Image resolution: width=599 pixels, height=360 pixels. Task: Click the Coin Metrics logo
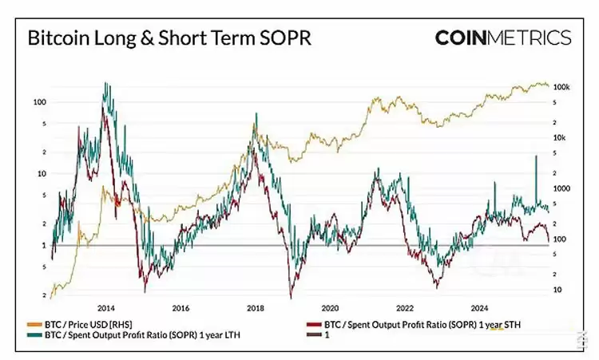click(503, 38)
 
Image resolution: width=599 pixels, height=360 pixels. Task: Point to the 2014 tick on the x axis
click(106, 307)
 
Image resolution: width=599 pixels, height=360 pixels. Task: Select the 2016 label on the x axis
click(180, 307)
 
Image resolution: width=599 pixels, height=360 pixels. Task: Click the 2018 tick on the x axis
click(256, 307)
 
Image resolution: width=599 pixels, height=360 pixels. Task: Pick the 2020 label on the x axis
click(330, 307)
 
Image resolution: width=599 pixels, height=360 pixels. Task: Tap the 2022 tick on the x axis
click(405, 307)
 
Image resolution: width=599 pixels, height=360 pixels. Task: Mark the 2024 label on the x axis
click(479, 307)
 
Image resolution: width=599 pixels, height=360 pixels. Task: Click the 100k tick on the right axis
click(561, 86)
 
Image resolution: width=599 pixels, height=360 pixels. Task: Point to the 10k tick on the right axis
click(558, 137)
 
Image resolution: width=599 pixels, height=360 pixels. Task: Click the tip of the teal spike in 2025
click(534, 156)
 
